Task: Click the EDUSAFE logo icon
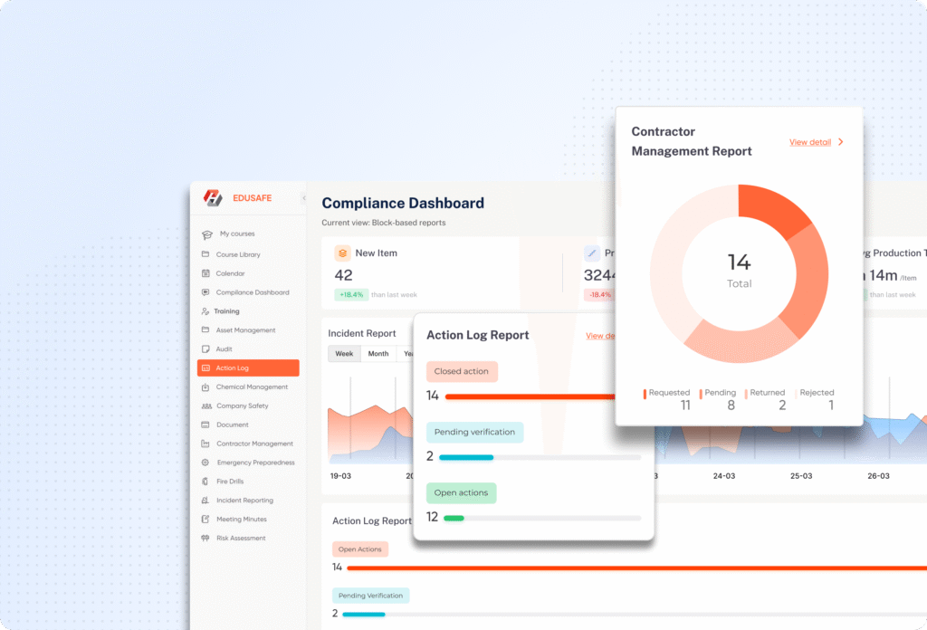213,198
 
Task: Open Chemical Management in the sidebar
252,387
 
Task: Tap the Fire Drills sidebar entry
229,482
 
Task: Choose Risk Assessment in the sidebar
241,539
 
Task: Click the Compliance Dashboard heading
403,204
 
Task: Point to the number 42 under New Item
344,275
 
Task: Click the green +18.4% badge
350,295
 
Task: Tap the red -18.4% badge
599,295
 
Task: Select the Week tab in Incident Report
345,354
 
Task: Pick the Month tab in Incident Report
378,354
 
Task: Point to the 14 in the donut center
739,262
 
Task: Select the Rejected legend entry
817,393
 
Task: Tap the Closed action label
462,371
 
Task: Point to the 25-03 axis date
801,475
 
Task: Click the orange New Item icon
343,253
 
